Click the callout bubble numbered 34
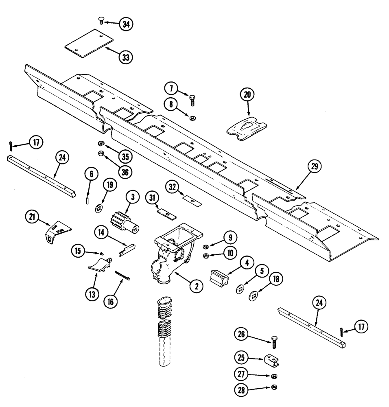[127, 24]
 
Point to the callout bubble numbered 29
[315, 167]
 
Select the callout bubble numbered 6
[91, 175]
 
